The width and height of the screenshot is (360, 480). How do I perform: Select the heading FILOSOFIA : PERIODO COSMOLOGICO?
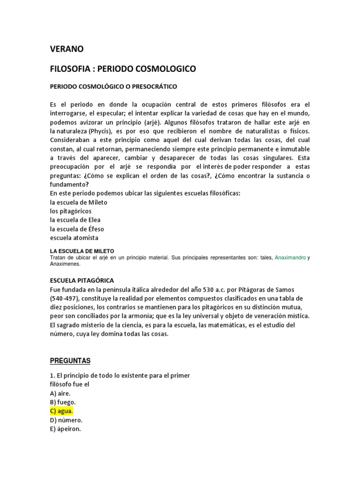coord(123,69)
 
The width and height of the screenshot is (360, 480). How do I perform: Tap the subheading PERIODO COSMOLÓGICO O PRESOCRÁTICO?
coord(113,87)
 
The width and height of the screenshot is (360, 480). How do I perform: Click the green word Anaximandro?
coord(290,257)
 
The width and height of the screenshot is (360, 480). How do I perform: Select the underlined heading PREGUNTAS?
coord(70,360)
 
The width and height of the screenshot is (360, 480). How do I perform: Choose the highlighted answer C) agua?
coord(61,411)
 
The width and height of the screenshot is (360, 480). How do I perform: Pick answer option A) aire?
coord(60,393)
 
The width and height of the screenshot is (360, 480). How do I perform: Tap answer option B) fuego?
coord(63,402)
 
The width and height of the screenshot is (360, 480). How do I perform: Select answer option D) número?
coord(66,420)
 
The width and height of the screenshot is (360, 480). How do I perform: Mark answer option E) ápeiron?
coord(66,429)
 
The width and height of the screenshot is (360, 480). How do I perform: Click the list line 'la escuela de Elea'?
coord(75,220)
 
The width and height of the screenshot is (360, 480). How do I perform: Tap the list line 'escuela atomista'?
coord(74,238)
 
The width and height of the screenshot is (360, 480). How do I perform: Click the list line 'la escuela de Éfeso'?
coord(77,229)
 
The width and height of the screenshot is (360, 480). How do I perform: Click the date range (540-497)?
coord(67,298)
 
